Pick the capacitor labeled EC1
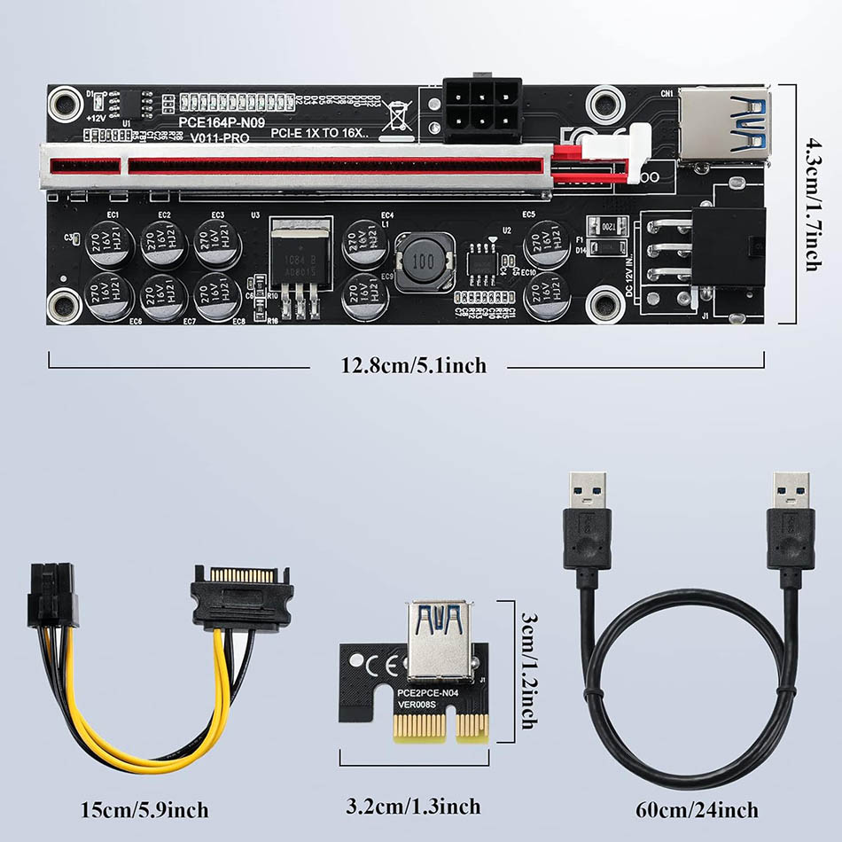[111, 245]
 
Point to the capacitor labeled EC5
[546, 245]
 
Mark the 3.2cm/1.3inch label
[413, 806]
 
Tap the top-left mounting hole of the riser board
[63, 103]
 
